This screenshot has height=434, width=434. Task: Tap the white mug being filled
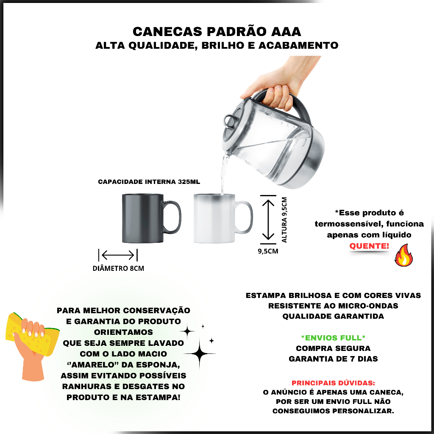(x=219, y=218)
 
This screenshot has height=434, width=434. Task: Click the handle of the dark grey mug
(x=172, y=217)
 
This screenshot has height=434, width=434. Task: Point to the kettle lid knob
(x=230, y=121)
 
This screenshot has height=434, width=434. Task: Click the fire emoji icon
(x=404, y=255)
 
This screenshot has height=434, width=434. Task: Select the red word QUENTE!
(x=369, y=246)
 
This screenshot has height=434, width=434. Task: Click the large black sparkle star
(x=200, y=353)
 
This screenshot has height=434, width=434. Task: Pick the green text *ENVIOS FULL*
(x=333, y=338)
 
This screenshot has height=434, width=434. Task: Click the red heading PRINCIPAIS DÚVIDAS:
(x=333, y=383)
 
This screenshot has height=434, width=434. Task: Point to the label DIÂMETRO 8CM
(x=118, y=268)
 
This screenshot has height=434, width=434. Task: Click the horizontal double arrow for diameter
(x=118, y=255)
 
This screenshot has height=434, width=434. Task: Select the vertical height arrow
(x=268, y=220)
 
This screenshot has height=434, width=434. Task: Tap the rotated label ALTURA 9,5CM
(x=284, y=220)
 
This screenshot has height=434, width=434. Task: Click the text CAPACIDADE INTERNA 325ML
(x=149, y=182)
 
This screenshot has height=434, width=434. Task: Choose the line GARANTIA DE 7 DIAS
(x=333, y=359)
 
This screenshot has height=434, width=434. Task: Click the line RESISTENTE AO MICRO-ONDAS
(x=333, y=306)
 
